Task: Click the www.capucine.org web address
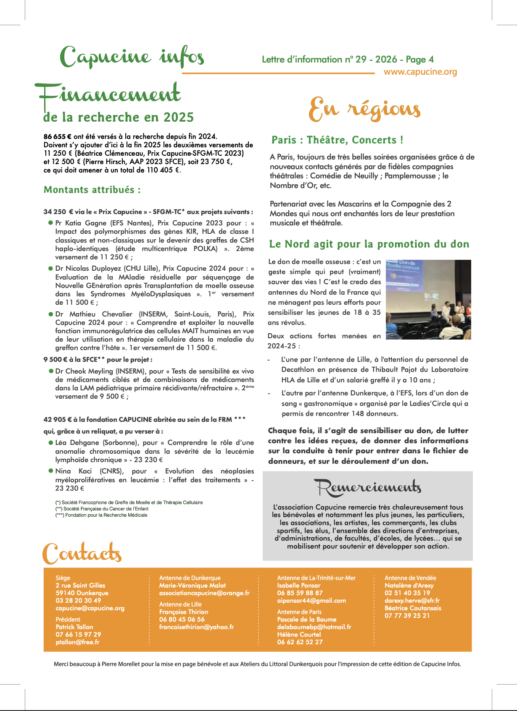[x=420, y=72]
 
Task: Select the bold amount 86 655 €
[x=58, y=136]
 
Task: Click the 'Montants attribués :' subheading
[x=92, y=190]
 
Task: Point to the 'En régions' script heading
[x=364, y=110]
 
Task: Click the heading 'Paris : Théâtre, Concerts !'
[x=337, y=140]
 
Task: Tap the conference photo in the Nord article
[x=428, y=299]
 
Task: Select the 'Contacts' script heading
[x=82, y=554]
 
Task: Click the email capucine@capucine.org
[x=90, y=608]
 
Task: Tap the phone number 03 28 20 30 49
[x=78, y=601]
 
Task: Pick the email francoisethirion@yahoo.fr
[x=196, y=627]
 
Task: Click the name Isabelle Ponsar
[x=298, y=586]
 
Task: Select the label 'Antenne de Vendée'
[x=410, y=578]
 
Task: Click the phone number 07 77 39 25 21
[x=407, y=616]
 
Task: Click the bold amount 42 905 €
[x=58, y=419]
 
